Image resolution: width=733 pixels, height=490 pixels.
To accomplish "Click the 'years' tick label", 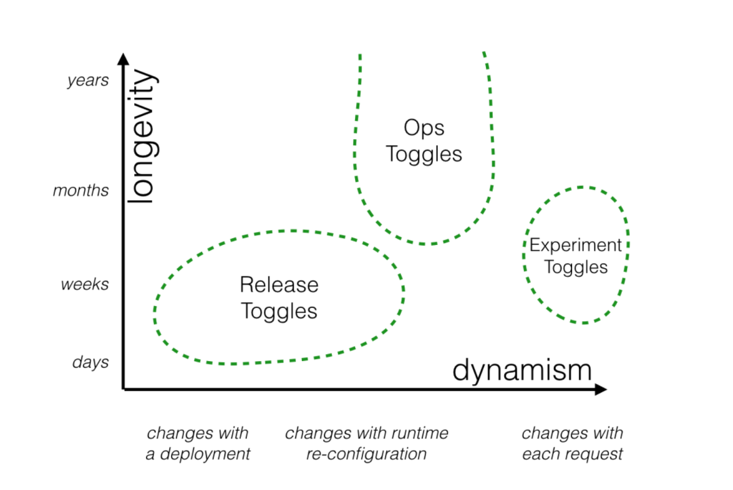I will [x=88, y=81].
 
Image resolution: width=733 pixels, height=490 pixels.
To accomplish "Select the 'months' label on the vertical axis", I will [x=81, y=191].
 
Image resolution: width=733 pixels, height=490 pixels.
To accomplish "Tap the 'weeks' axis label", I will [x=84, y=284].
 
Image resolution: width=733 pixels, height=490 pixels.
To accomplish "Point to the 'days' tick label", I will [x=90, y=362].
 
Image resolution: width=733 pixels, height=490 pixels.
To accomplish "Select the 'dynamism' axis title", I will [x=522, y=371].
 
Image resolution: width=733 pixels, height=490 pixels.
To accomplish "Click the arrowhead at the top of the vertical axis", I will [x=123, y=60].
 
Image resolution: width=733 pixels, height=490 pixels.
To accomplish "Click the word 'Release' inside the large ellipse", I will [x=279, y=285].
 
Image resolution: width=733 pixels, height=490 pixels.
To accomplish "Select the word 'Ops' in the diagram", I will [x=424, y=127].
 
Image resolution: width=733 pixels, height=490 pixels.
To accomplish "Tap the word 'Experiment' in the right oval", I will [x=576, y=246].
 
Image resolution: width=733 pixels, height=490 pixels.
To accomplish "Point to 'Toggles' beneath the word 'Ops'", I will [x=424, y=155].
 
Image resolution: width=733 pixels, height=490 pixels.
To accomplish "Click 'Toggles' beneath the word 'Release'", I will [x=279, y=312].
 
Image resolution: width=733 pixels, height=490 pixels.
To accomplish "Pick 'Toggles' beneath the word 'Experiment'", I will [x=576, y=267].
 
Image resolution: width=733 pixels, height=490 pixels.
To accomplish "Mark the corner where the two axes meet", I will [x=124, y=389].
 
